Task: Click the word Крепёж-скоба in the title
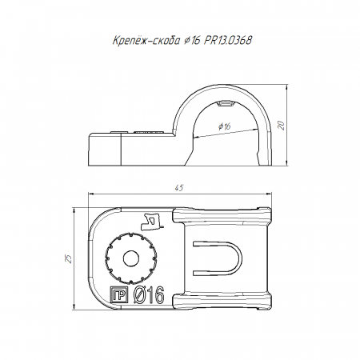pos(146,41)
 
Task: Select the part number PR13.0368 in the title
pos(228,41)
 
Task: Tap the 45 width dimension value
pos(179,188)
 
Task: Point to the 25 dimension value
pos(69,258)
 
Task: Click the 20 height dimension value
pos(282,125)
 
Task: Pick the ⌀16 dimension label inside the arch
pos(224,126)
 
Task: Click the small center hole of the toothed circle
pos(132,258)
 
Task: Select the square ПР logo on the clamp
pos(119,295)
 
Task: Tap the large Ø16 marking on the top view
pos(149,295)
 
